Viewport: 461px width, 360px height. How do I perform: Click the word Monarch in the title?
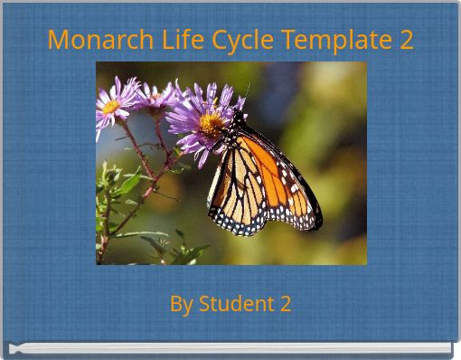tap(89, 41)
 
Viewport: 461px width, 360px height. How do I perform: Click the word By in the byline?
tap(180, 304)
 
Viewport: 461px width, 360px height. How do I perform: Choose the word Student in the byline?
tap(235, 304)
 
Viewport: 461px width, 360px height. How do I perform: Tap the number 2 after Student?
tap(285, 304)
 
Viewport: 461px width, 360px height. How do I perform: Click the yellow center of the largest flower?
tap(210, 124)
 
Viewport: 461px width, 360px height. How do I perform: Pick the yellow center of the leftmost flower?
tap(111, 106)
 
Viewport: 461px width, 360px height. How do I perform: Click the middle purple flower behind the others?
tap(155, 95)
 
